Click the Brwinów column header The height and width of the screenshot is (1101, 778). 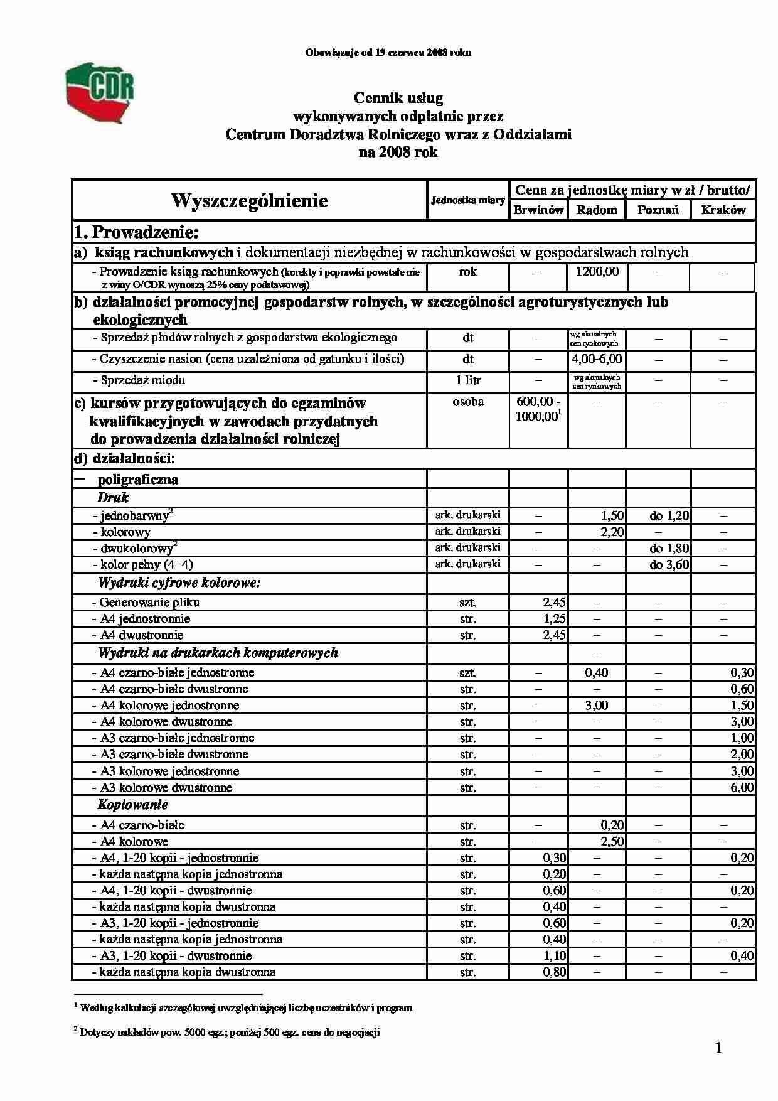point(538,210)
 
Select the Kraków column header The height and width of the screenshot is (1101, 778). point(723,210)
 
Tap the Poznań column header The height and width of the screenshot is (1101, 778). point(658,210)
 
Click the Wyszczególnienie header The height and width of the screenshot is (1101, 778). point(249,200)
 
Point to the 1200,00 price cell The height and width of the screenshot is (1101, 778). point(597,272)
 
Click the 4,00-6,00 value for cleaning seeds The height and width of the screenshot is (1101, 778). point(597,359)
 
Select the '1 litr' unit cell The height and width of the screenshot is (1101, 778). point(468,380)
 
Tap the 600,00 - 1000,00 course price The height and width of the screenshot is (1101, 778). point(538,409)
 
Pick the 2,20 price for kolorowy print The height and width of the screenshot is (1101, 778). point(612,532)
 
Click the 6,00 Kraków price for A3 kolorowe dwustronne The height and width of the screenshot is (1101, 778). point(742,788)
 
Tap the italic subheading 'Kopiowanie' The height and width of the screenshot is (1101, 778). point(132,805)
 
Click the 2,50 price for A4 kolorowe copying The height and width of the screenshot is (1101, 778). point(612,842)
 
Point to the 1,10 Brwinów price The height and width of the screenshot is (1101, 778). point(554,956)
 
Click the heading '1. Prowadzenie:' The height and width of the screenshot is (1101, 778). point(137,232)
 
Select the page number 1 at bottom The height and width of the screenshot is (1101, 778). point(718,1048)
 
